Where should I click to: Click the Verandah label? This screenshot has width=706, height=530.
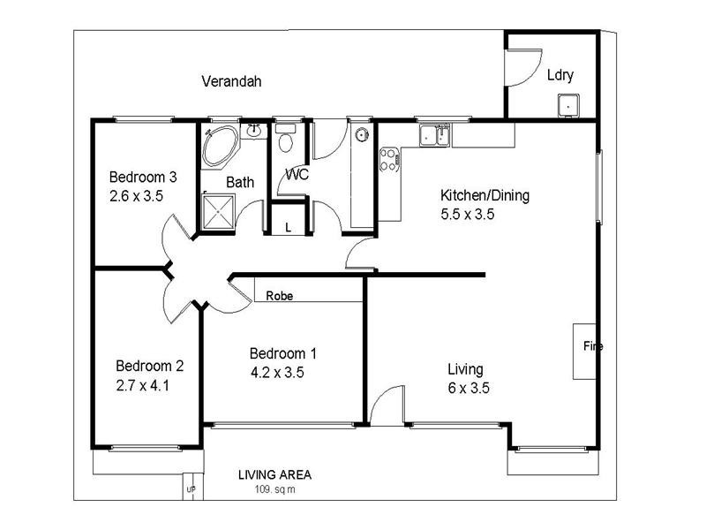(231, 82)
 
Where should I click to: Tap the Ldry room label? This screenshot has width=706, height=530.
(560, 75)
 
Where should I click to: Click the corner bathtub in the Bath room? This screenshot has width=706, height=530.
(218, 146)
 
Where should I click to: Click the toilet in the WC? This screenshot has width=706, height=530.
(285, 141)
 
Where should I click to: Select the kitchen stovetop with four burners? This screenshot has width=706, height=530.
(388, 159)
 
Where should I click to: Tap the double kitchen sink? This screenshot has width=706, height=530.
(435, 135)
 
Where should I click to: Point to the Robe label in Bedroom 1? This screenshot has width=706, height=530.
(279, 297)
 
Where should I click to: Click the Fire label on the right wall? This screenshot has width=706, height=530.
(592, 346)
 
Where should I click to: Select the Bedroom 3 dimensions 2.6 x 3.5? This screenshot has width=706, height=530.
(136, 195)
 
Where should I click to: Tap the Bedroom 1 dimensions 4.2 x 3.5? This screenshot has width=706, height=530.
(277, 372)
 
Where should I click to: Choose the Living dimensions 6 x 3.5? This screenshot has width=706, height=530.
(469, 388)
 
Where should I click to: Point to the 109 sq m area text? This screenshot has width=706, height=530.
(274, 488)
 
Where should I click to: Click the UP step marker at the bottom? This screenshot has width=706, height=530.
(190, 487)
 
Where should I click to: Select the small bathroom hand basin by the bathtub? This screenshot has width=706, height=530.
(254, 132)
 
